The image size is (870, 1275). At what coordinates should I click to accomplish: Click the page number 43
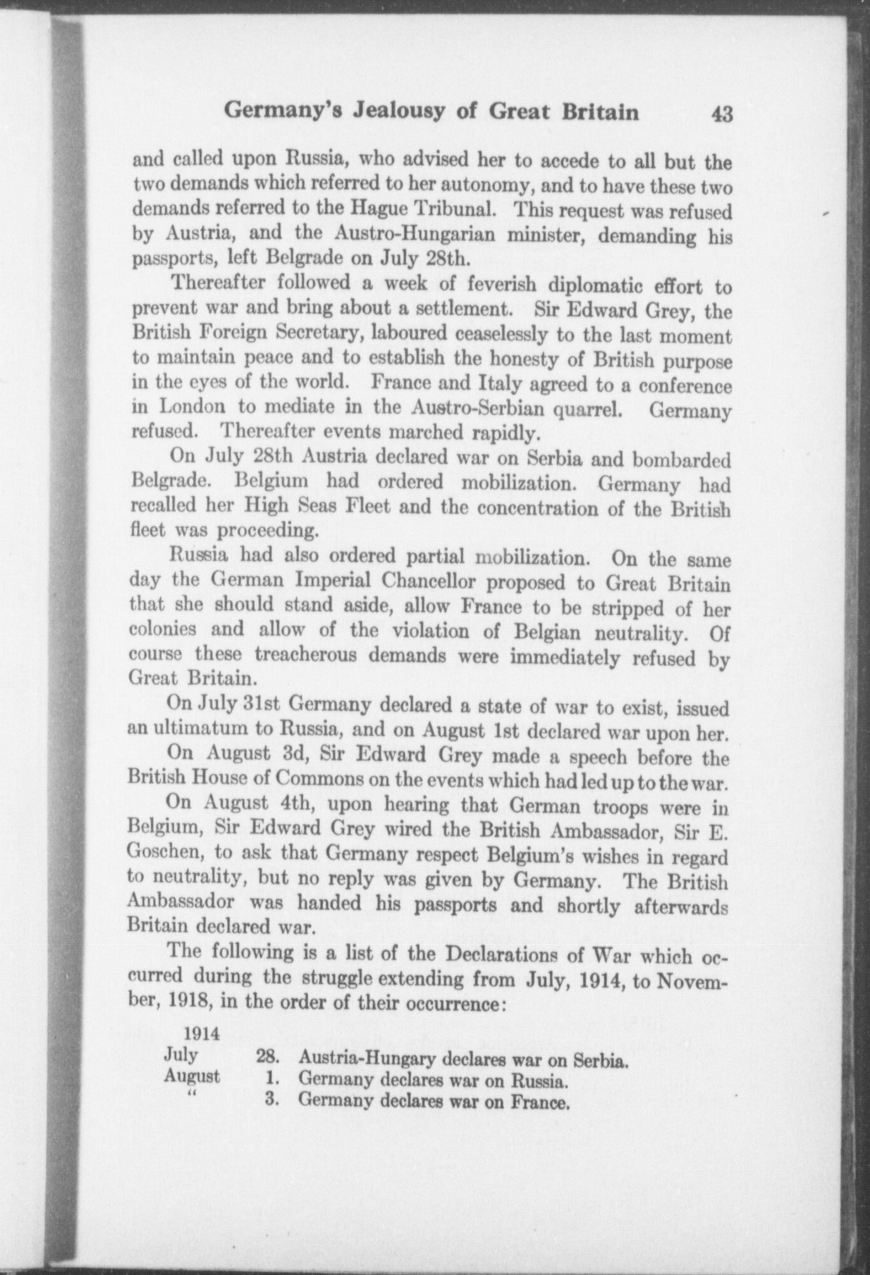coord(721,114)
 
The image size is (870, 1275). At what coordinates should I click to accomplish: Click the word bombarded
coord(682,459)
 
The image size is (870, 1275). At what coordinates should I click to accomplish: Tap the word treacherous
coord(308,655)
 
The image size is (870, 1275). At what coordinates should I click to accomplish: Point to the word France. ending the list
coord(539,1103)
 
